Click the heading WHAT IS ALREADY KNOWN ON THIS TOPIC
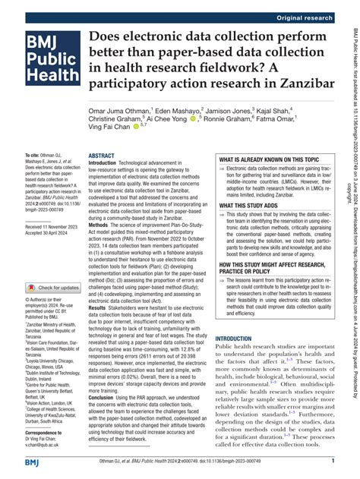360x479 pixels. pyautogui.click(x=256, y=140)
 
